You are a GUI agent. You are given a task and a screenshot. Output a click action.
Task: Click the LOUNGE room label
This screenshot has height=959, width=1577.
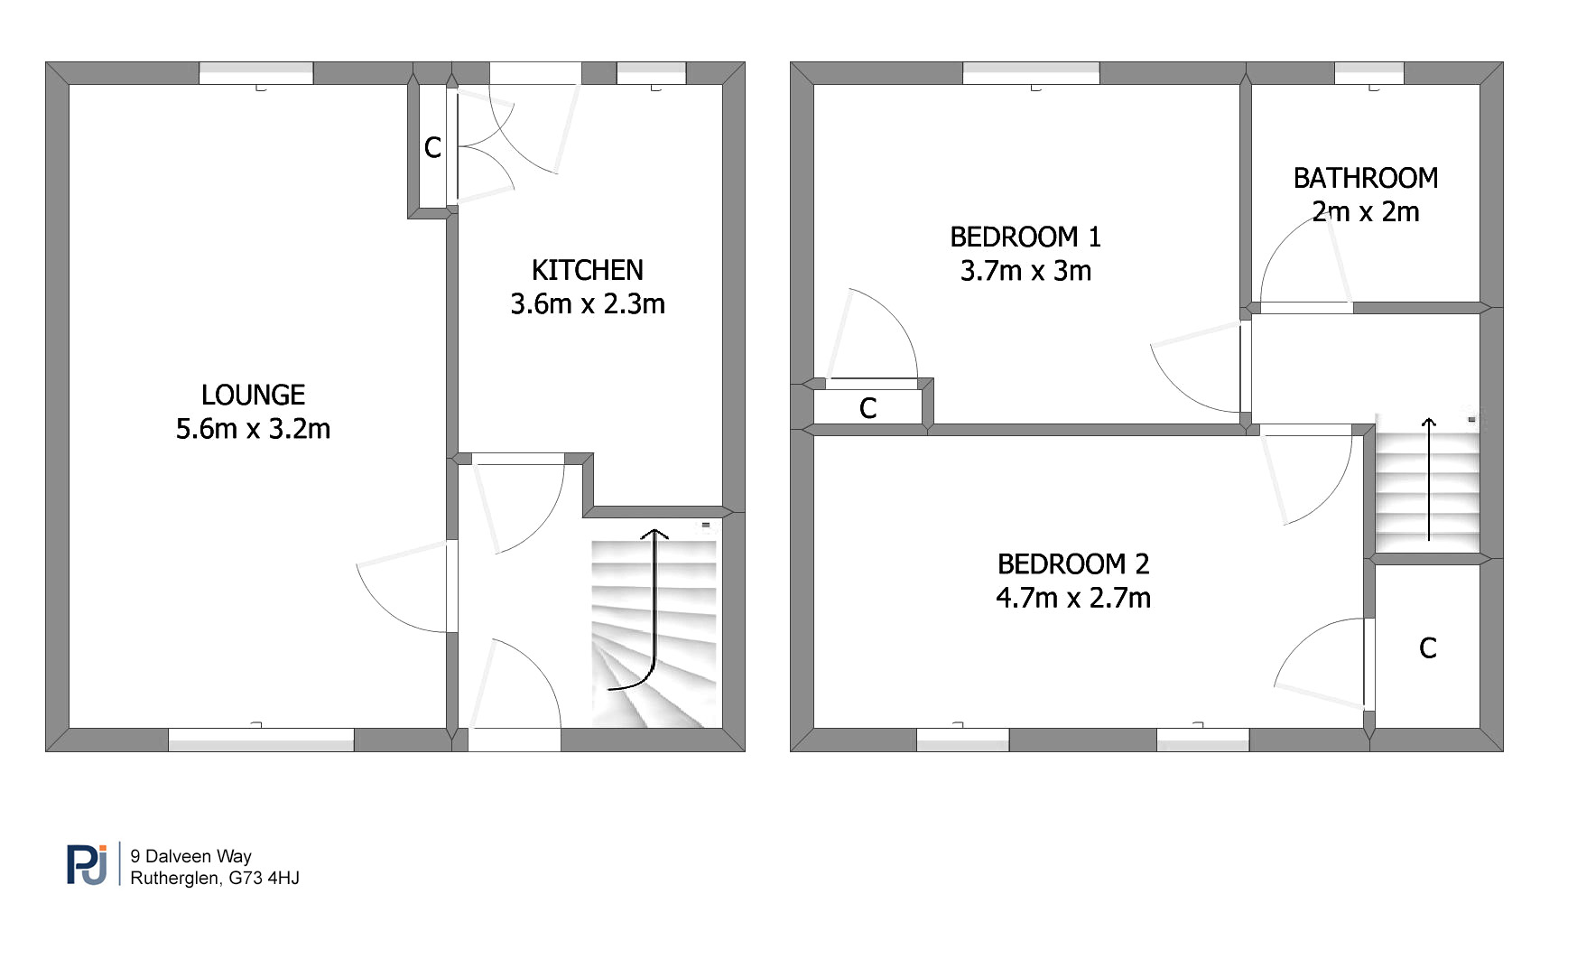click(x=253, y=395)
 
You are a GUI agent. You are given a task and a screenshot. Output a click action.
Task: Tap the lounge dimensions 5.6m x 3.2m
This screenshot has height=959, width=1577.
click(x=253, y=428)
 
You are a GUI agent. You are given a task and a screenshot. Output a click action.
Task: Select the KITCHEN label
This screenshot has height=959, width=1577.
click(x=588, y=270)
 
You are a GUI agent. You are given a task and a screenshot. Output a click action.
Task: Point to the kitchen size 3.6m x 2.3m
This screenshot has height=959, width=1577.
click(x=588, y=303)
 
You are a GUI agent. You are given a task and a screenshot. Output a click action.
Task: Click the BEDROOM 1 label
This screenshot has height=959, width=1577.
click(x=1025, y=237)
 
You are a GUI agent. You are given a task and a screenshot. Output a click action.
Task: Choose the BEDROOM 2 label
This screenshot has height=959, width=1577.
click(x=1073, y=563)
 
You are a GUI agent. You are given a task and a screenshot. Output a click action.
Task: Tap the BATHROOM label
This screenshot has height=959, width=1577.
click(x=1366, y=178)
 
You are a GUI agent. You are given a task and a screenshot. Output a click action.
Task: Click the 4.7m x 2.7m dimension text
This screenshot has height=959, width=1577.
click(x=1073, y=597)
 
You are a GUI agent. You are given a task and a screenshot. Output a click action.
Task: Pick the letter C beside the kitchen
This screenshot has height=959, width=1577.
click(x=432, y=147)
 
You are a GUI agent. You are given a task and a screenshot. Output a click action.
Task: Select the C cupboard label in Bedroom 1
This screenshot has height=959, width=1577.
click(x=868, y=408)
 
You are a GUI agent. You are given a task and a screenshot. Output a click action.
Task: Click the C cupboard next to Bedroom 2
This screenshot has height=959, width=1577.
click(x=1428, y=647)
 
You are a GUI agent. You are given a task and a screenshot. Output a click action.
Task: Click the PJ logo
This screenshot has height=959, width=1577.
click(x=88, y=864)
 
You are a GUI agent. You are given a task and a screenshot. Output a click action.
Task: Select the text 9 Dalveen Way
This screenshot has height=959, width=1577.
click(x=190, y=856)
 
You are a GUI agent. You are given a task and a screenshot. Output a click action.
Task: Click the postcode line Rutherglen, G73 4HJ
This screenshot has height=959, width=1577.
click(x=215, y=878)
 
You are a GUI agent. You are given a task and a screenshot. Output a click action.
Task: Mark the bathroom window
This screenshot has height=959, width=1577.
click(x=1369, y=73)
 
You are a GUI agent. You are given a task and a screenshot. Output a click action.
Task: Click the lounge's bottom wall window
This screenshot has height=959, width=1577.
click(x=261, y=740)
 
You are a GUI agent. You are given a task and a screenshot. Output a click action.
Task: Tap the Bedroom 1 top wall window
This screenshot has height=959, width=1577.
click(x=1031, y=73)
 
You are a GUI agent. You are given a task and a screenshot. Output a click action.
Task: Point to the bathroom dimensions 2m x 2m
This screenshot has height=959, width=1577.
click(x=1366, y=211)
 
